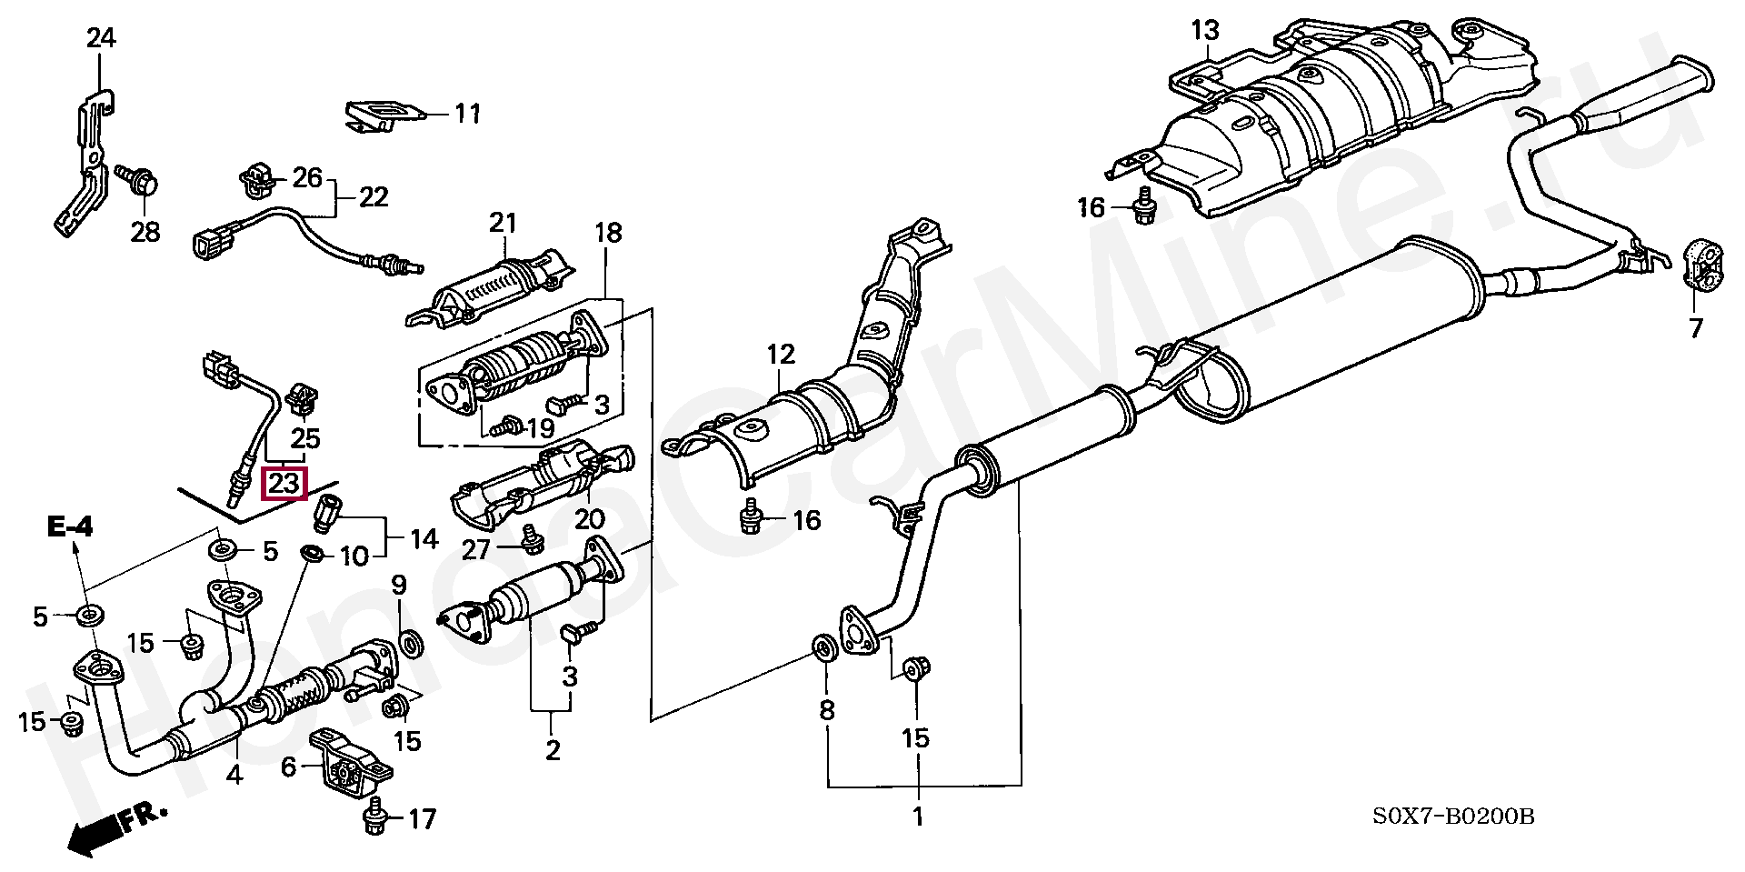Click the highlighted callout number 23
point(284,483)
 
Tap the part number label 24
point(101,38)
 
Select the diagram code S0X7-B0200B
point(1453,817)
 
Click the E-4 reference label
point(70,526)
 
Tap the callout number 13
point(1205,30)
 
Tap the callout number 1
point(918,816)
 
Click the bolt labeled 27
point(530,540)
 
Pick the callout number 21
point(503,223)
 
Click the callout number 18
point(608,233)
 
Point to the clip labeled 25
point(301,398)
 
